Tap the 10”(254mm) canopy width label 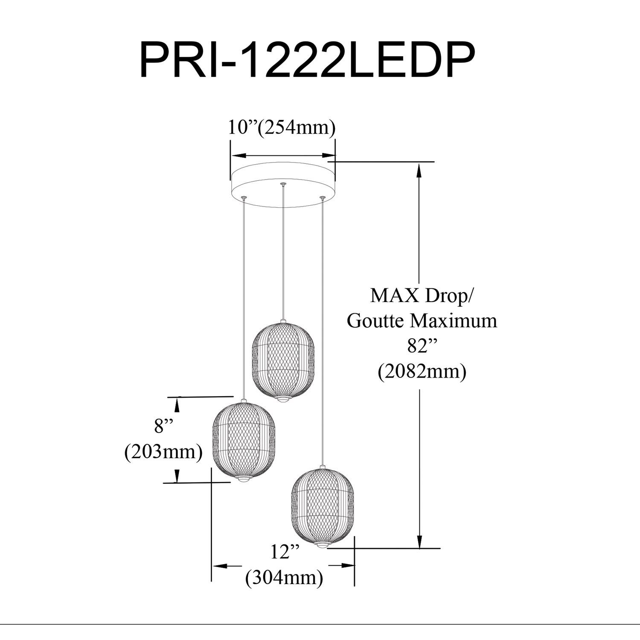[x=282, y=127]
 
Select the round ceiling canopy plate [x=283, y=184]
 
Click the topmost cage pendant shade [x=283, y=361]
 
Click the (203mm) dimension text [x=163, y=451]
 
